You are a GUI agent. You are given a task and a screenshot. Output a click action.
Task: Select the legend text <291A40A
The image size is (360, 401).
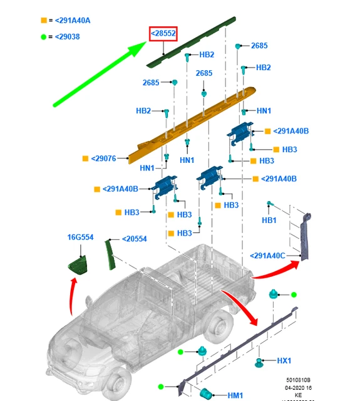(x=73, y=20)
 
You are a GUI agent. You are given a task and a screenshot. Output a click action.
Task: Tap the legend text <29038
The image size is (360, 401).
(x=67, y=37)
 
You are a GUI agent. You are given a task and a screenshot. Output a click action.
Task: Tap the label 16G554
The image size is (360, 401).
(x=80, y=237)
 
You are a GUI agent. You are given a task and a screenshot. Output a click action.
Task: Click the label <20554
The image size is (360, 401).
(x=134, y=239)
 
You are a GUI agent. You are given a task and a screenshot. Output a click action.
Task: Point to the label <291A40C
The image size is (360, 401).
(x=267, y=255)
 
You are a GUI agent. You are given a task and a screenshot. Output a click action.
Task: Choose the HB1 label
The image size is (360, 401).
(x=269, y=221)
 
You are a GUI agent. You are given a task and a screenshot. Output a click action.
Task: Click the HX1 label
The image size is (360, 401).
(x=285, y=361)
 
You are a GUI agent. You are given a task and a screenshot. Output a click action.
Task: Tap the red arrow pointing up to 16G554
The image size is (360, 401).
(x=74, y=294)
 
